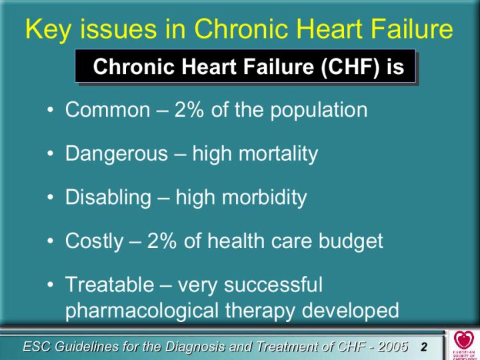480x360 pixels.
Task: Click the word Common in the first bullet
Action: (108, 109)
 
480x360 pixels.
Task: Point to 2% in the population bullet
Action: (189, 109)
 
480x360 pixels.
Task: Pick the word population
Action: (319, 111)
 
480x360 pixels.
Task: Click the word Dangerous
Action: (116, 154)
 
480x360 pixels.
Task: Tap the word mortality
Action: (278, 154)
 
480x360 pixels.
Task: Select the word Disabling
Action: (108, 198)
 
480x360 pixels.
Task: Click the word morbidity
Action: (265, 198)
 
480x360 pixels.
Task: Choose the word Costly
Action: (94, 241)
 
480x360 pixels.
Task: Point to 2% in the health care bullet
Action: (161, 241)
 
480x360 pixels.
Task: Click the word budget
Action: (351, 241)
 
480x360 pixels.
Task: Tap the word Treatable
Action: (109, 285)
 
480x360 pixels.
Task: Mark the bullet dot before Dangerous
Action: (51, 154)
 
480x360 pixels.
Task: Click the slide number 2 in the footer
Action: (424, 347)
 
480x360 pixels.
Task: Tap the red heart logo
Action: (463, 339)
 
